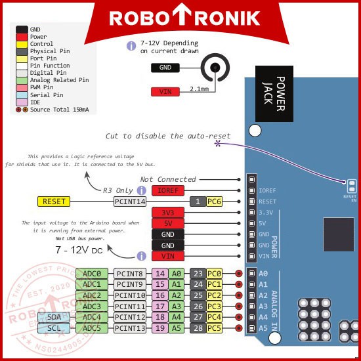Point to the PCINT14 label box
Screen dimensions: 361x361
click(130, 202)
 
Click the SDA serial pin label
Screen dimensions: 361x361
click(56, 317)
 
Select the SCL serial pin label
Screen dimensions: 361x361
click(56, 328)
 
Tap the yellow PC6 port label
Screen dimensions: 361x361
click(215, 202)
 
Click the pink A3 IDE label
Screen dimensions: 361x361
click(175, 306)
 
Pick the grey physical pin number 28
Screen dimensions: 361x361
click(198, 328)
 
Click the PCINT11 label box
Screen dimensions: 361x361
click(130, 306)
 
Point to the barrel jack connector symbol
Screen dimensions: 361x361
click(214, 68)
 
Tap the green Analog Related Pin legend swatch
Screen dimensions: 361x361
click(22, 80)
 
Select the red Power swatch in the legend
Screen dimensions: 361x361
click(22, 37)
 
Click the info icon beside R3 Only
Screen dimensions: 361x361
click(140, 190)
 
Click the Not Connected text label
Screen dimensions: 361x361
click(168, 179)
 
